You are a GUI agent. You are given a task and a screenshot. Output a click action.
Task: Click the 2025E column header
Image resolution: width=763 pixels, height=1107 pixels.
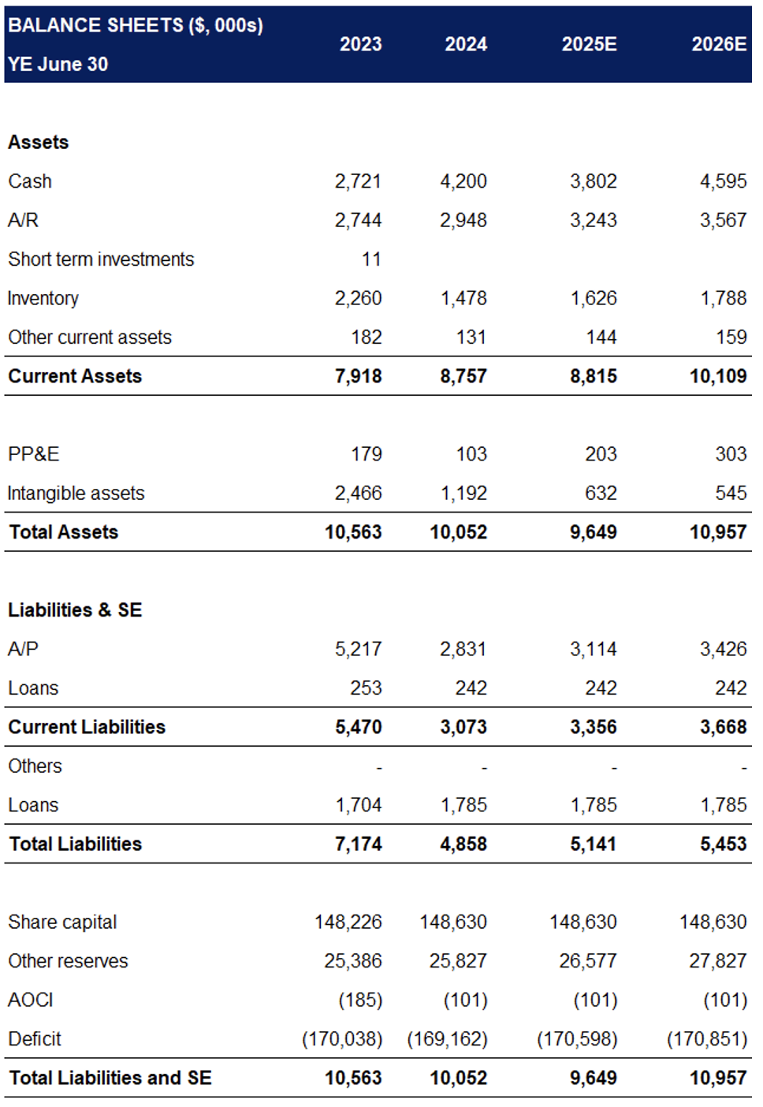click(589, 44)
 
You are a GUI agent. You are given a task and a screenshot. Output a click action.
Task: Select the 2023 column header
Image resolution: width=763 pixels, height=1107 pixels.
click(360, 44)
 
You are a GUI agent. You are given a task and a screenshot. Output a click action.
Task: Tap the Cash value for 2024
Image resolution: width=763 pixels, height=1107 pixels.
click(463, 181)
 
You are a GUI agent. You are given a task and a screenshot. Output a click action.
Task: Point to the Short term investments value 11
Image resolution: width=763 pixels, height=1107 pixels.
click(371, 259)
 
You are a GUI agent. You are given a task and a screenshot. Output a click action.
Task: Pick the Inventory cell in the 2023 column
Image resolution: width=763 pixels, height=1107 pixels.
click(358, 298)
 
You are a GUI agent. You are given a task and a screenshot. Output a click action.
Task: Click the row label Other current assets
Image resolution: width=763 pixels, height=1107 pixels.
click(90, 337)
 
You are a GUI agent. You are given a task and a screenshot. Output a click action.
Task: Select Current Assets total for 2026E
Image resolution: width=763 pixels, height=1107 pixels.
click(718, 376)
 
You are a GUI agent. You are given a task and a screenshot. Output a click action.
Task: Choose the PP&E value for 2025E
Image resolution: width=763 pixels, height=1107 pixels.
click(601, 454)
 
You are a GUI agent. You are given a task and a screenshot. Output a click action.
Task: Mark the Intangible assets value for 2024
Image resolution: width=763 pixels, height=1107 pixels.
click(463, 494)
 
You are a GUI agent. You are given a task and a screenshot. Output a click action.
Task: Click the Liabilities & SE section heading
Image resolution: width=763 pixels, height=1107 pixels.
click(75, 610)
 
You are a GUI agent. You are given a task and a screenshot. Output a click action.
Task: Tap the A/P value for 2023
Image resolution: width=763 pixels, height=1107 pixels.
click(358, 649)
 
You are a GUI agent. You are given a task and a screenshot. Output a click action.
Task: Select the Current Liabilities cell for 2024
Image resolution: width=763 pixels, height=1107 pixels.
click(463, 727)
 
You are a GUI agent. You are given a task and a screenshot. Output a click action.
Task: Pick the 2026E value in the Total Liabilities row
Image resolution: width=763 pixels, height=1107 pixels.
click(724, 844)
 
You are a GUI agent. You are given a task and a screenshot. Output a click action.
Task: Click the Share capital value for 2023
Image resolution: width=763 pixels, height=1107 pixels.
click(348, 922)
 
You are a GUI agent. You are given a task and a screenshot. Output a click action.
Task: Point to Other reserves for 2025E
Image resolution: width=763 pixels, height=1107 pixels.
click(583, 961)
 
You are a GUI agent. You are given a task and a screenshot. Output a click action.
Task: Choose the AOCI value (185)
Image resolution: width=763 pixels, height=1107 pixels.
click(360, 1001)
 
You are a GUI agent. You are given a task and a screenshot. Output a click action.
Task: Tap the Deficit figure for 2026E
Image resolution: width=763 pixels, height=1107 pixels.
click(707, 1039)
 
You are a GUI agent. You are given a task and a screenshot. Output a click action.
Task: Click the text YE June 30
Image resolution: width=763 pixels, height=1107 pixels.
click(58, 65)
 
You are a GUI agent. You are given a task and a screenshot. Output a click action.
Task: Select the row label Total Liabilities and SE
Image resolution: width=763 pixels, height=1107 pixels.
click(110, 1078)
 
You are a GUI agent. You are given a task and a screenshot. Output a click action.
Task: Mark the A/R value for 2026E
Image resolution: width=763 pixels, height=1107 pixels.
click(724, 220)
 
